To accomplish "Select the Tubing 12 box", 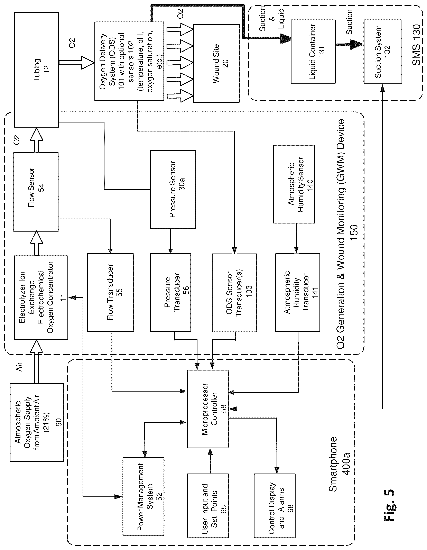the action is (37, 70).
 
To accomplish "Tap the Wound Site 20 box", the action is (216, 63).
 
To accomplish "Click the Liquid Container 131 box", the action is (313, 52).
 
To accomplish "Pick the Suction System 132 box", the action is (382, 52).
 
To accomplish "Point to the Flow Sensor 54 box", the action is (36, 192).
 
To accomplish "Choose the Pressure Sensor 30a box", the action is (173, 189).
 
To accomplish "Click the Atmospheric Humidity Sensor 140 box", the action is (294, 184).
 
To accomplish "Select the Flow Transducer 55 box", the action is (110, 292).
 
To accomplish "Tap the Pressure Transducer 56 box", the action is (170, 292).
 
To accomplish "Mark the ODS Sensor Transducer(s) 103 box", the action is (234, 293).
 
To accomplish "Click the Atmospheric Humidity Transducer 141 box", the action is (298, 292).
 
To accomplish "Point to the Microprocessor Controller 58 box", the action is (208, 409).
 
